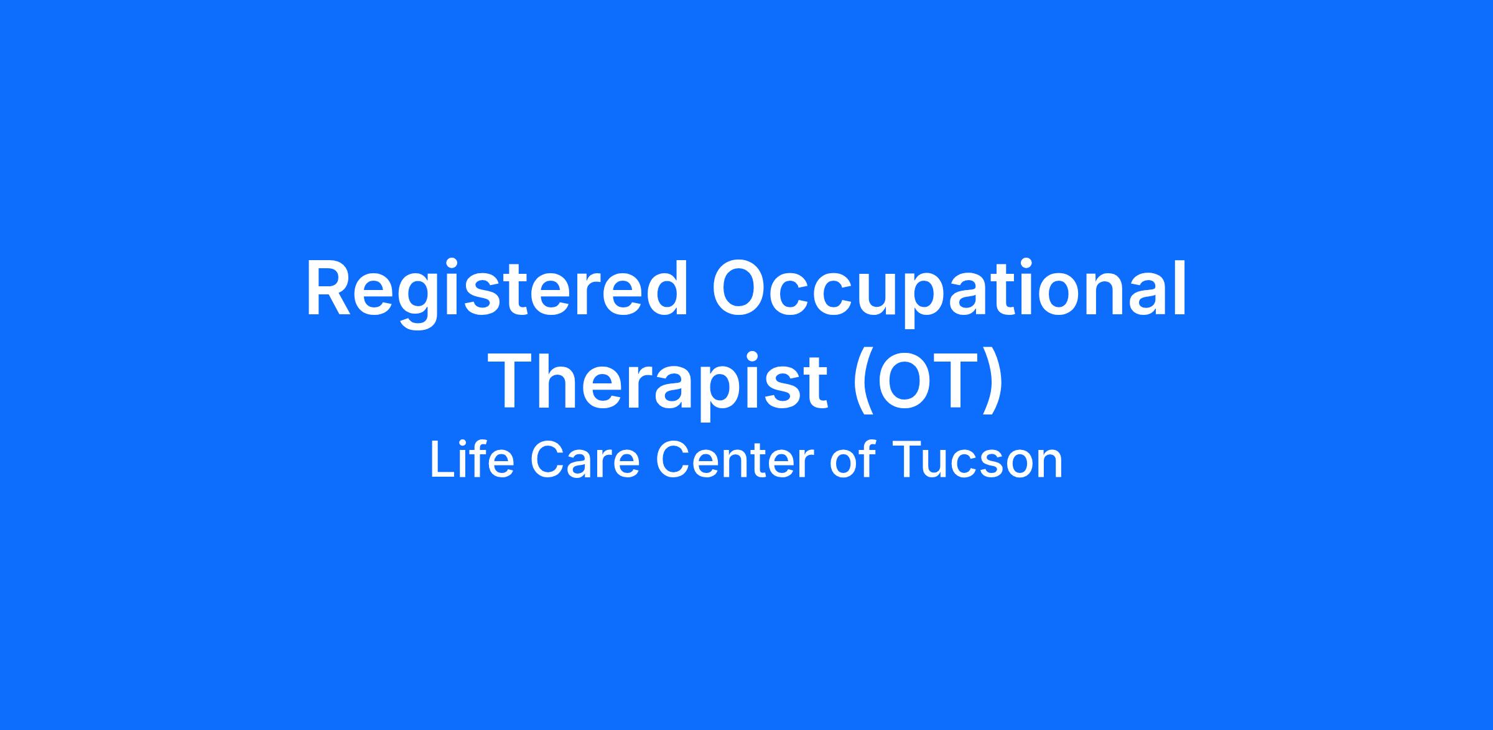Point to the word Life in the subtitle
click(x=472, y=461)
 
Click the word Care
click(x=585, y=461)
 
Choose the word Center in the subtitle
click(x=735, y=461)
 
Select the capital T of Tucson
click(x=908, y=461)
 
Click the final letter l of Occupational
click(x=1181, y=288)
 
